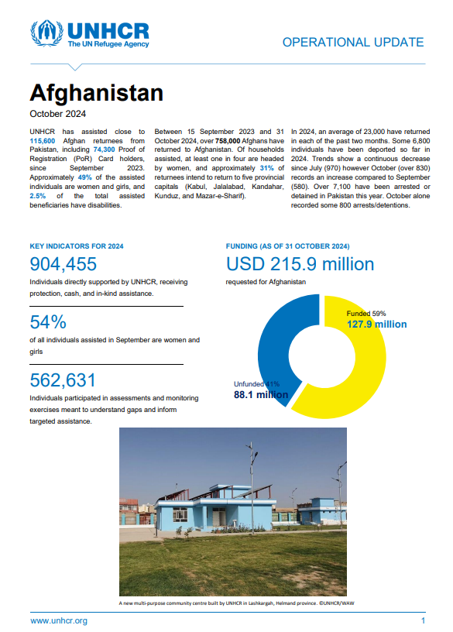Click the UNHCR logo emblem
tap(46, 34)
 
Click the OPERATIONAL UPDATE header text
tap(352, 43)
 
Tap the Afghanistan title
tap(96, 93)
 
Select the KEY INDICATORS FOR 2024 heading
tap(76, 246)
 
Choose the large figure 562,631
tap(63, 380)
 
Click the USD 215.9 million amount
tap(300, 265)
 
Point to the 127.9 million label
tap(376, 325)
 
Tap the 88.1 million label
tap(261, 395)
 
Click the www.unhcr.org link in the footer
tap(59, 620)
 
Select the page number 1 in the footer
tap(423, 620)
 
